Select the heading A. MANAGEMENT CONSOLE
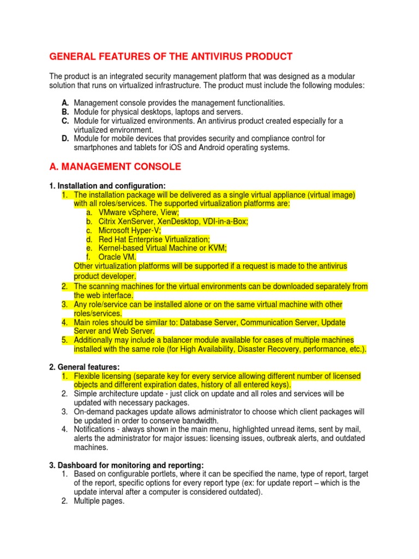pyautogui.click(x=115, y=166)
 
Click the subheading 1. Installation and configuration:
pyautogui.click(x=107, y=186)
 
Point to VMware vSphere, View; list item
pyautogui.click(x=139, y=212)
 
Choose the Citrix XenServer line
pyautogui.click(x=173, y=221)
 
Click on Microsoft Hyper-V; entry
pyautogui.click(x=129, y=230)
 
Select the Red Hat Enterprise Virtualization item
pyautogui.click(x=154, y=239)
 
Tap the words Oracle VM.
pyautogui.click(x=117, y=257)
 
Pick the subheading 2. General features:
pyautogui.click(x=85, y=367)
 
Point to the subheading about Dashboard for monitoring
pyautogui.click(x=127, y=465)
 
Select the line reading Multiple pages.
pyautogui.click(x=99, y=501)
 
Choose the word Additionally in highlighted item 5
pyautogui.click(x=95, y=340)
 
